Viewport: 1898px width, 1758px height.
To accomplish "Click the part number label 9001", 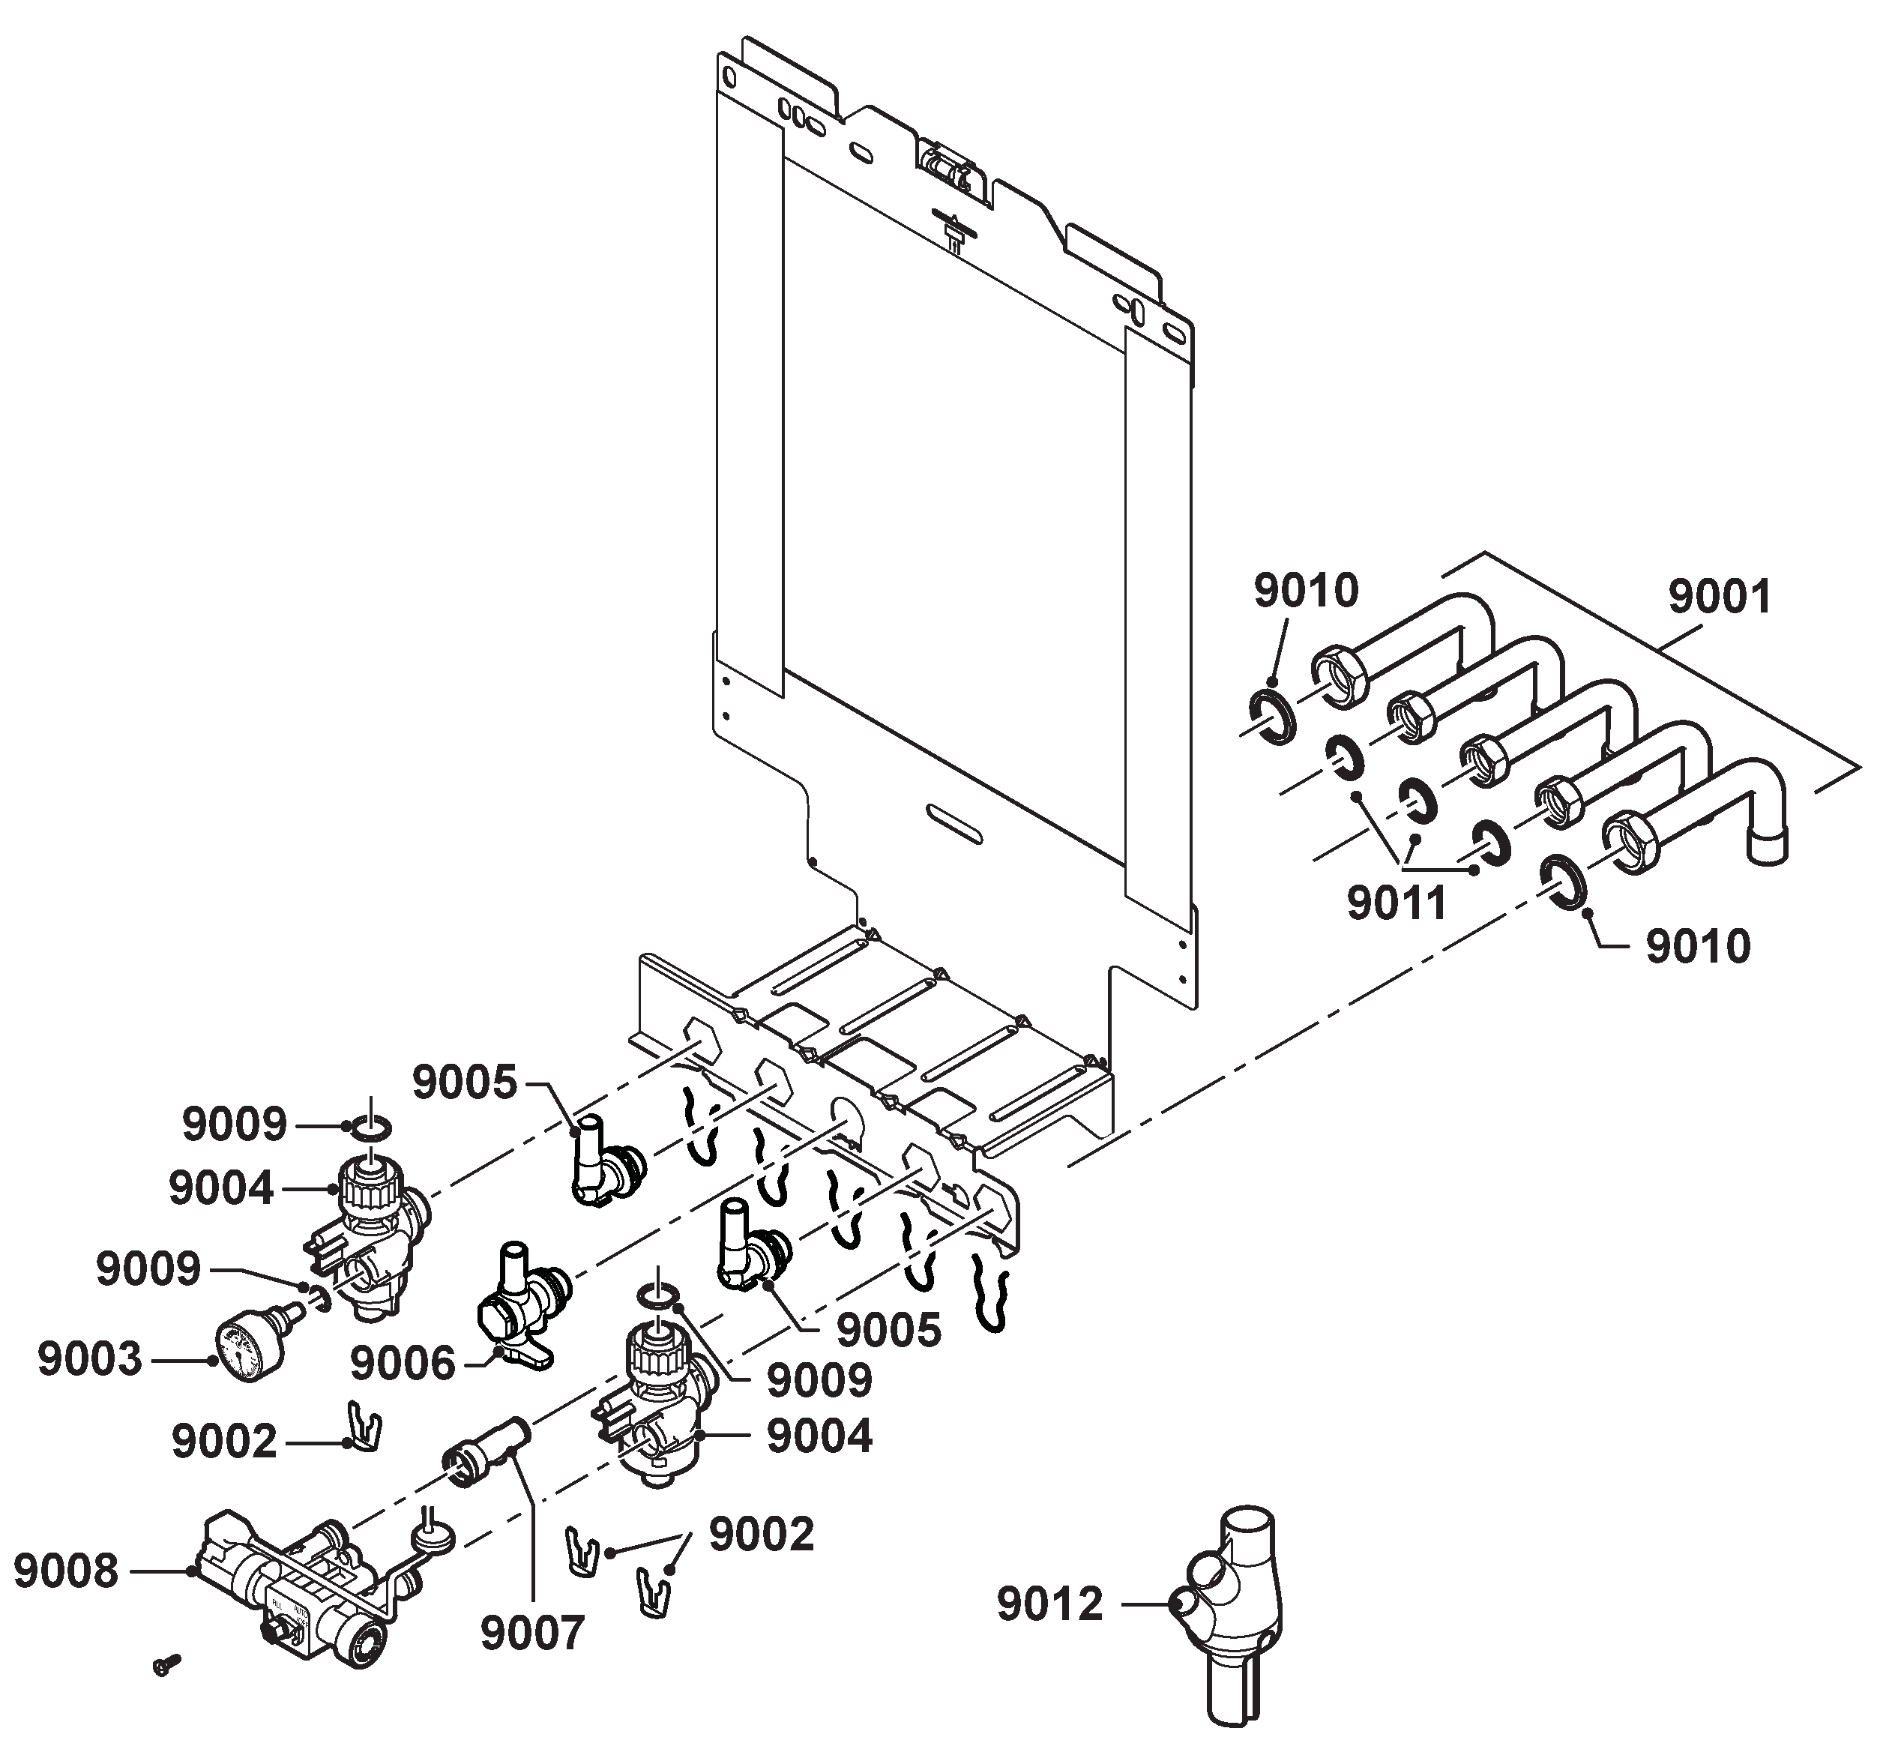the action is pos(1720,597).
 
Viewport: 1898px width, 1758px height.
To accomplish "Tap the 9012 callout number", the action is pos(1049,1604).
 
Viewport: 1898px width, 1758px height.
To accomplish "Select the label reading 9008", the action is pos(67,1571).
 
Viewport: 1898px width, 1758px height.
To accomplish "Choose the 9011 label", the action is pos(1397,902).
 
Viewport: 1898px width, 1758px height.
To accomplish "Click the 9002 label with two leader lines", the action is pos(762,1535).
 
